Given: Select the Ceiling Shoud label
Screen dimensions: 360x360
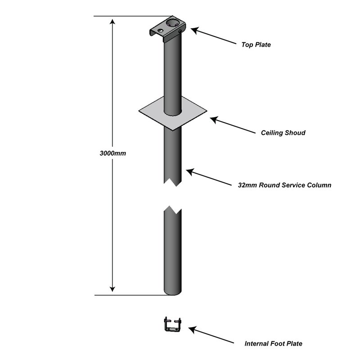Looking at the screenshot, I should (x=283, y=133).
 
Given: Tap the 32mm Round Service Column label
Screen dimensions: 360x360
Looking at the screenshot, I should (x=284, y=185).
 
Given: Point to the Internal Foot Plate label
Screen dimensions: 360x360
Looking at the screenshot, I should (x=273, y=343).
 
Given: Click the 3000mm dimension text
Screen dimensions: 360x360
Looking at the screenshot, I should (x=112, y=153).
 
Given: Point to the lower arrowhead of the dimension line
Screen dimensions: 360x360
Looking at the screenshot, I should (x=113, y=289).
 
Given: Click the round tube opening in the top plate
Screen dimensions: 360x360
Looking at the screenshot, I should (x=173, y=22).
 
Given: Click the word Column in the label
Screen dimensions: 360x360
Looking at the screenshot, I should (x=319, y=185).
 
